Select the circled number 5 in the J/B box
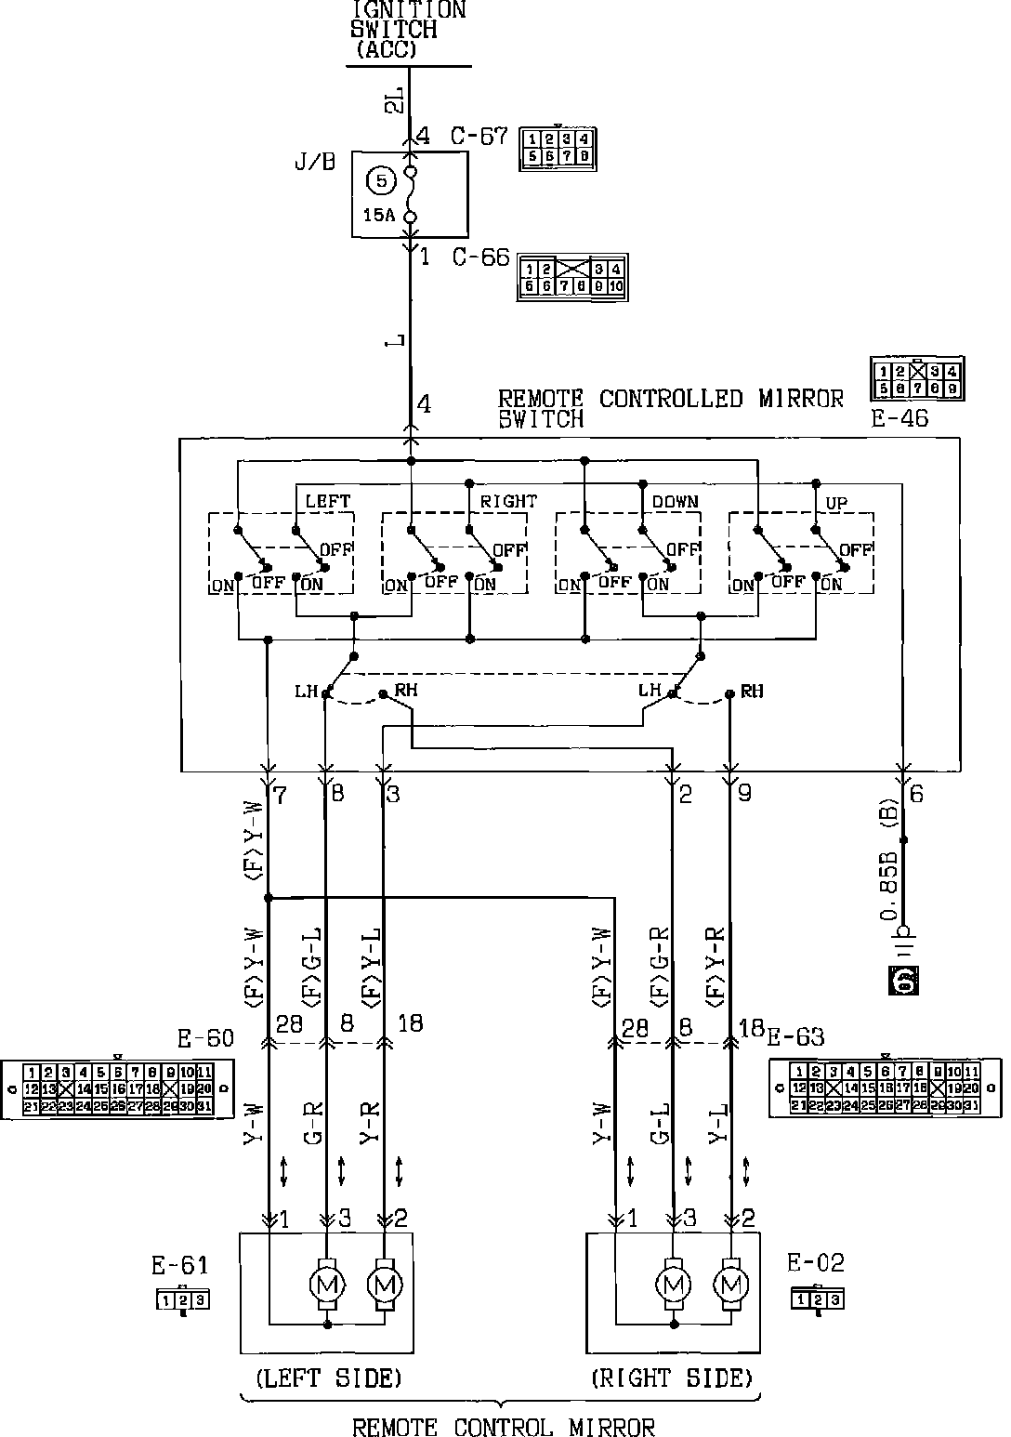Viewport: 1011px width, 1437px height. click(x=381, y=180)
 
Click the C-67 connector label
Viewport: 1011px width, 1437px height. click(x=479, y=137)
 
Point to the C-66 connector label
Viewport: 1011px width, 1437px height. click(x=480, y=257)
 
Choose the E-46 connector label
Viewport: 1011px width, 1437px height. click(x=899, y=418)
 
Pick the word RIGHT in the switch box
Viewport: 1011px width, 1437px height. click(x=507, y=501)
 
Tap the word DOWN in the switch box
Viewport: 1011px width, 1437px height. click(x=675, y=501)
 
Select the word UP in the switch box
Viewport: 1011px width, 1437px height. click(x=836, y=503)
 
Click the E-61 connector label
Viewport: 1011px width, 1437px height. click(x=180, y=1265)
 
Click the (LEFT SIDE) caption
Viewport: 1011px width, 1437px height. click(x=328, y=1378)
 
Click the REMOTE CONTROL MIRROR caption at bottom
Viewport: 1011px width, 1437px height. click(x=504, y=1427)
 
